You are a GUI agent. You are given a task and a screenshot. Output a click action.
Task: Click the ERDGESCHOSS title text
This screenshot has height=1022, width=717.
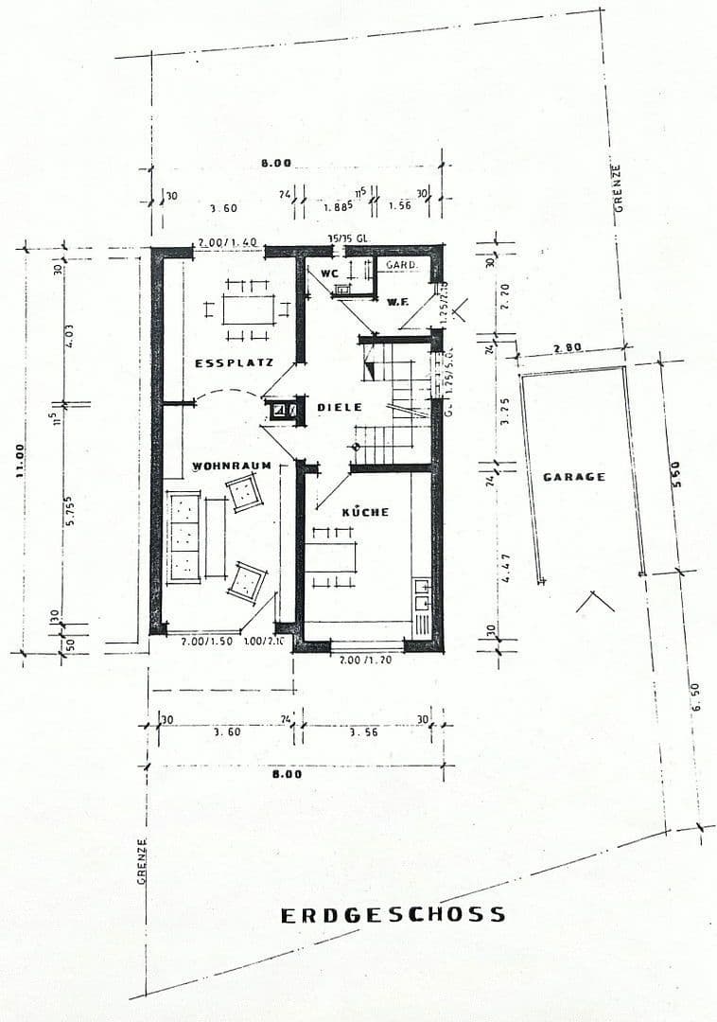coord(393,915)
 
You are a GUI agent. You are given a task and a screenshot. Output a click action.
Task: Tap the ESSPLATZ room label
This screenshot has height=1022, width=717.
coord(234,362)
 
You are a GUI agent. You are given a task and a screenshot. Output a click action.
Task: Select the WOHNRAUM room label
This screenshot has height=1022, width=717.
coord(232,466)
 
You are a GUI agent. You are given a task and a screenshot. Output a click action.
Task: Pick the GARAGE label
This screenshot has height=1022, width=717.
coord(574,477)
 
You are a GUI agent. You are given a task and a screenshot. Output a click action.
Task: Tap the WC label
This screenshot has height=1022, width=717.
coord(330,273)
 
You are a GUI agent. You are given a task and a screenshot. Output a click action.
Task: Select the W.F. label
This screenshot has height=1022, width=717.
coord(397,301)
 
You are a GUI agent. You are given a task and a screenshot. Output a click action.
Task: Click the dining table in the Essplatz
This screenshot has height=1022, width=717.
coord(249,308)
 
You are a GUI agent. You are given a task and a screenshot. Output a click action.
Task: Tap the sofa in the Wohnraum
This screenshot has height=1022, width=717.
coord(184,537)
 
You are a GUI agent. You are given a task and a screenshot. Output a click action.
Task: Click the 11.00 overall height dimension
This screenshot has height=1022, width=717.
coord(21,461)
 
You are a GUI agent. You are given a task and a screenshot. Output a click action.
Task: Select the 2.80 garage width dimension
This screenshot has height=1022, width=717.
coord(568,348)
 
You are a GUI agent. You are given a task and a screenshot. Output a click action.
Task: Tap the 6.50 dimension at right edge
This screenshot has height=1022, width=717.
coord(697,701)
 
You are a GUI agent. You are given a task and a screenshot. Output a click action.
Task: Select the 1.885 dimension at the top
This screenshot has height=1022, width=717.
coord(338,205)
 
